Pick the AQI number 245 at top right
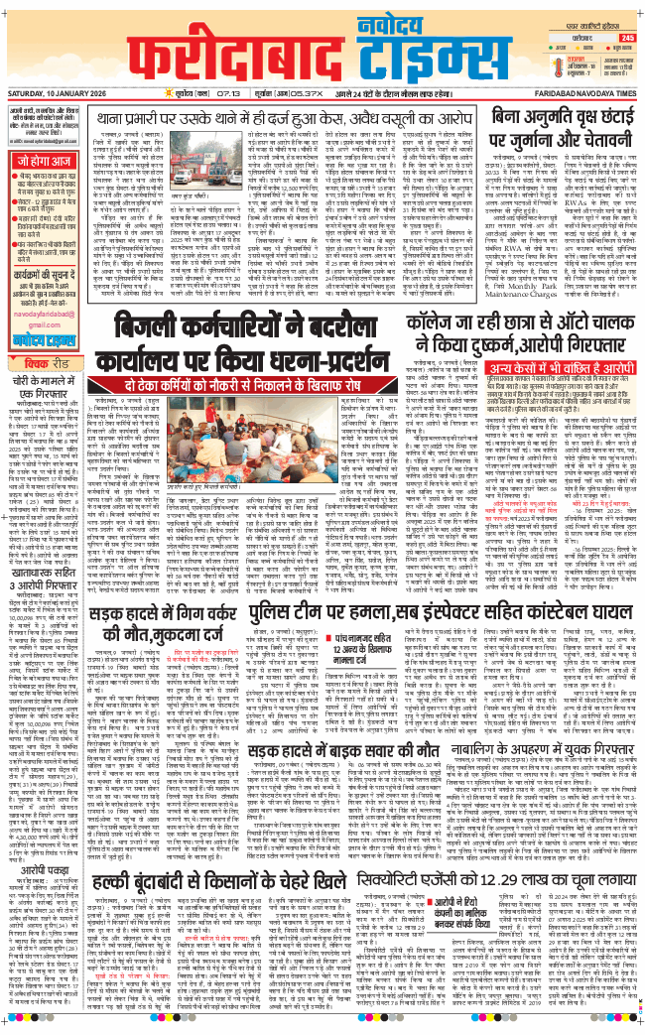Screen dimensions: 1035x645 (626, 38)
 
